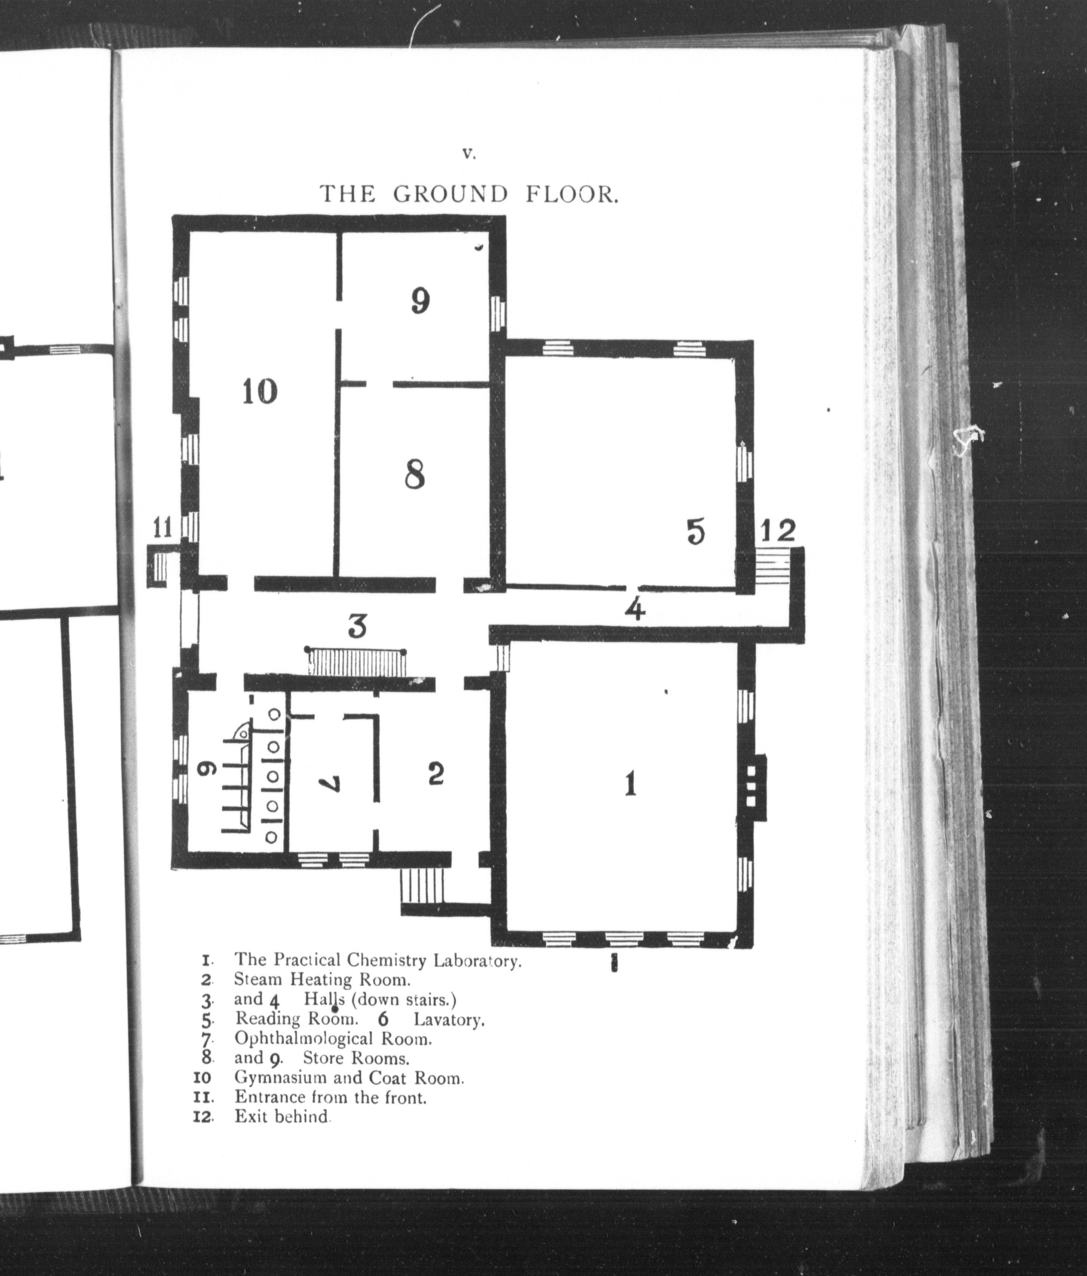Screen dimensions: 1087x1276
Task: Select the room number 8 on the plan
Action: [415, 475]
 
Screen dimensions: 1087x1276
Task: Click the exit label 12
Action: [779, 530]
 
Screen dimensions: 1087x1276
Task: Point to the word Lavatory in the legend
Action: [449, 1019]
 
